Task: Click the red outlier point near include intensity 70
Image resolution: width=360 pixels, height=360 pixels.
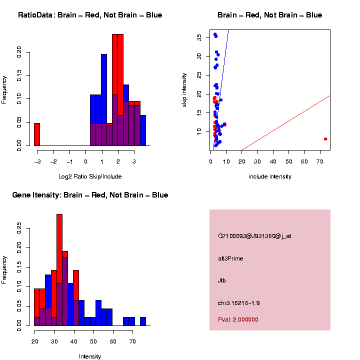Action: tap(325, 139)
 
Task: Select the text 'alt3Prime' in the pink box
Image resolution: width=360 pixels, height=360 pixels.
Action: tap(230, 258)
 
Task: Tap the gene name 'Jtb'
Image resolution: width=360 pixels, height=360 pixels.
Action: tap(222, 280)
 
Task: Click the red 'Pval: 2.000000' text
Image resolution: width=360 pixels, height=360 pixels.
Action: tap(238, 319)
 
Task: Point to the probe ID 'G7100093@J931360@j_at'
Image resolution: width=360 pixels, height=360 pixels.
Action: tap(254, 236)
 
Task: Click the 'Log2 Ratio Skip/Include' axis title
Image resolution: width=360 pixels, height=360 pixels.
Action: tap(90, 176)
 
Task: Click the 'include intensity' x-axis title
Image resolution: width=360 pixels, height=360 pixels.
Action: tap(270, 176)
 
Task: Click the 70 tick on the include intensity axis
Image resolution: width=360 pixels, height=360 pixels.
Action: tap(320, 162)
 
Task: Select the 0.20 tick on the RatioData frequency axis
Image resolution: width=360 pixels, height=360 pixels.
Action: tap(20, 51)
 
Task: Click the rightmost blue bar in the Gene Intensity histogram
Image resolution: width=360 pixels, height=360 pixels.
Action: tap(142, 321)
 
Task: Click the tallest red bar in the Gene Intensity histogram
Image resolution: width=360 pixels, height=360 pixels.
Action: tap(59, 250)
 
